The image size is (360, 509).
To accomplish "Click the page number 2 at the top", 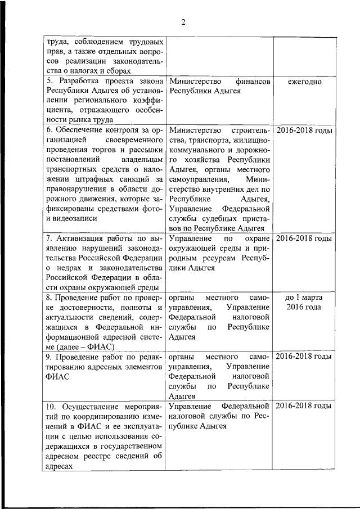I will [183, 22].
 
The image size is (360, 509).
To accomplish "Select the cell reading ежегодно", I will [304, 82].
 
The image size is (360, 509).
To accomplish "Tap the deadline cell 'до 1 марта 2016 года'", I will [304, 301].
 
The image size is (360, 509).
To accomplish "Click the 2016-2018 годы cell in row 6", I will [304, 130].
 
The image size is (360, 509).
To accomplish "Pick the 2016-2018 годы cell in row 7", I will [304, 238].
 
